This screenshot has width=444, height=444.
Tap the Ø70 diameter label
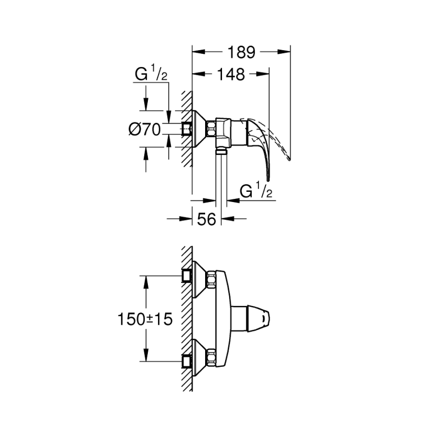144,129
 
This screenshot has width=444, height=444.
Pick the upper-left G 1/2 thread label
151,75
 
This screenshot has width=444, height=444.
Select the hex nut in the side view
210,128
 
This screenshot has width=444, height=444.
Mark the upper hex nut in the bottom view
210,279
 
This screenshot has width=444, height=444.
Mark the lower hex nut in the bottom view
210,355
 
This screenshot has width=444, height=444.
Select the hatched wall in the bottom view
187,317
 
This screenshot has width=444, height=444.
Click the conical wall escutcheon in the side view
199,129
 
